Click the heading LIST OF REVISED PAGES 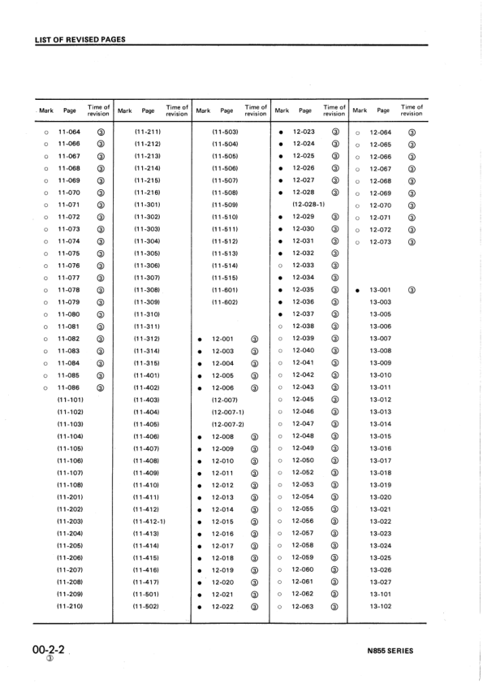(80, 39)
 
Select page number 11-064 (69, 132)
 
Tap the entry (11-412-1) (149, 522)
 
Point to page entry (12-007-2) (227, 424)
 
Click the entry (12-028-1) (308, 204)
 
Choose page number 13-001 (380, 289)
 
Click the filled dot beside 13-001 (357, 290)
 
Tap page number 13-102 (380, 607)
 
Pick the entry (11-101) (70, 400)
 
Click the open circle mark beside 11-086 (46, 387)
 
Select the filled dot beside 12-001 (200, 339)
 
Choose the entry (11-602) (225, 302)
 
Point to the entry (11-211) (148, 132)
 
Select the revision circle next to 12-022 (255, 607)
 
